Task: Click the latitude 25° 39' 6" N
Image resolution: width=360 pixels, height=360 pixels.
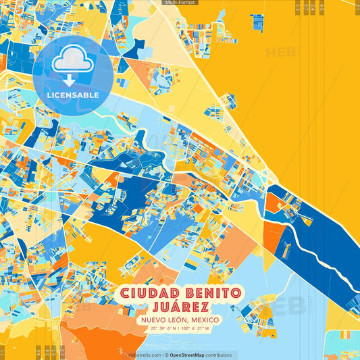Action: pyautogui.click(x=160, y=329)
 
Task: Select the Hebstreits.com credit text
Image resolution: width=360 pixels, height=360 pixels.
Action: pyautogui.click(x=145, y=355)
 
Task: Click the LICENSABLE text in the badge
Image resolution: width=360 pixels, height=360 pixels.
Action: pyautogui.click(x=72, y=95)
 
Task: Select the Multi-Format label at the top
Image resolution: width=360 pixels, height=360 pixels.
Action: pyautogui.click(x=180, y=3)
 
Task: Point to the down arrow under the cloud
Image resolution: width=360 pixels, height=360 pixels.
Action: pyautogui.click(x=70, y=80)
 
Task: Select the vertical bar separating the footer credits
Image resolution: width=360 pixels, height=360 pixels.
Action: pyautogui.click(x=165, y=355)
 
